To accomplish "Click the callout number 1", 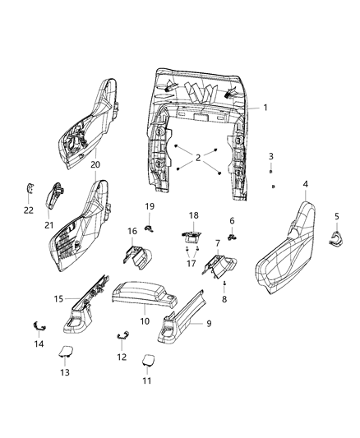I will coord(265,108).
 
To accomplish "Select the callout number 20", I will coord(95,164).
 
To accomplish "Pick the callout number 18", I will coord(193,215).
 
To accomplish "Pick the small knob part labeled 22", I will coord(26,188).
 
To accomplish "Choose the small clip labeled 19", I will coord(149,226).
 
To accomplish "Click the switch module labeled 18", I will coord(192,234).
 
